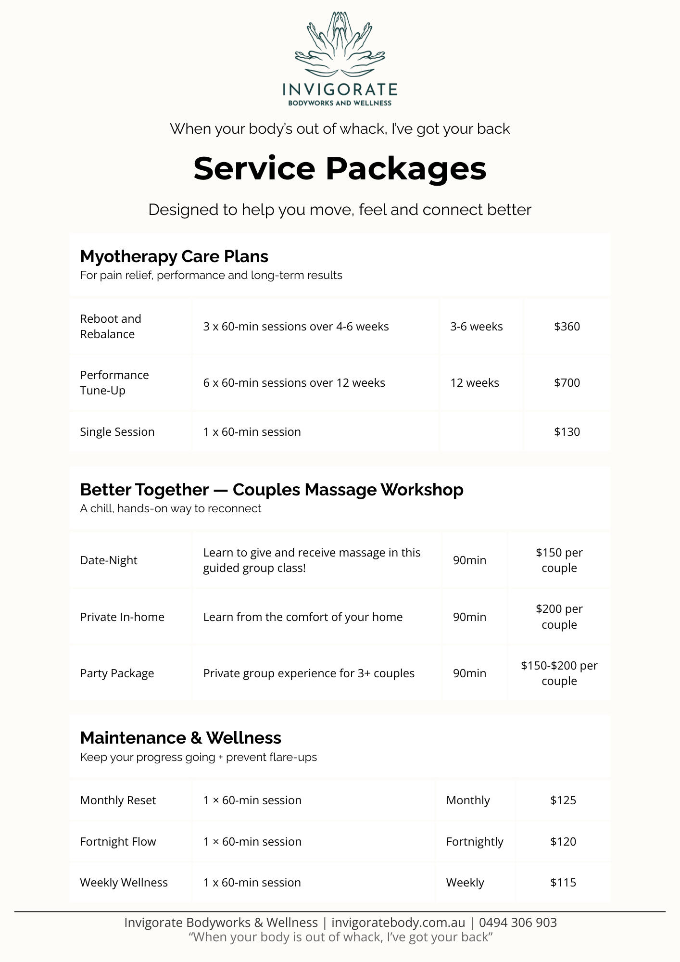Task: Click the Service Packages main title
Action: (x=340, y=168)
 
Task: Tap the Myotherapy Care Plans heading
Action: (x=174, y=256)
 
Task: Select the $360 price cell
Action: (x=567, y=327)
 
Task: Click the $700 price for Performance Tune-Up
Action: (x=567, y=383)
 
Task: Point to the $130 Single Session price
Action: (x=567, y=432)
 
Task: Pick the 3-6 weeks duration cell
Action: (x=476, y=327)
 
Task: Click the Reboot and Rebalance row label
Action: (x=111, y=327)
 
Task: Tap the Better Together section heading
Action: (x=272, y=490)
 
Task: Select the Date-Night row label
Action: (x=109, y=560)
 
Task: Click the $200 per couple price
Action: (x=559, y=617)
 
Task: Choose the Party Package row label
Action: (x=117, y=673)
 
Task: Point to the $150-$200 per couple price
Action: (x=559, y=673)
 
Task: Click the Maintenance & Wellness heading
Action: (x=180, y=738)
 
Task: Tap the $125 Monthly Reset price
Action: (x=563, y=800)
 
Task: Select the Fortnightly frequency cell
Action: (x=475, y=842)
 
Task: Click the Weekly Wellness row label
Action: (x=124, y=883)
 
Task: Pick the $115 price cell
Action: (x=563, y=883)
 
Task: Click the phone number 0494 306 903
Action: (x=517, y=923)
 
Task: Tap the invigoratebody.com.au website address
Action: (x=398, y=923)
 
